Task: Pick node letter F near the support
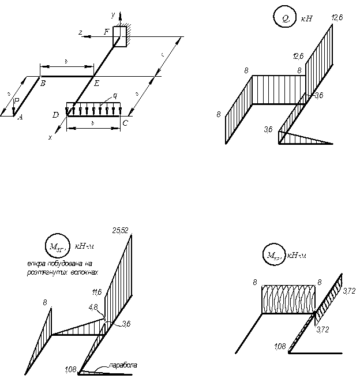tap(107, 32)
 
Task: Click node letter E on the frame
tap(96, 84)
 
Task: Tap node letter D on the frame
tap(55, 115)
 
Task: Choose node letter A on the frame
tap(21, 117)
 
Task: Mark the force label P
tap(17, 101)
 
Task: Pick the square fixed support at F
tap(121, 36)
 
